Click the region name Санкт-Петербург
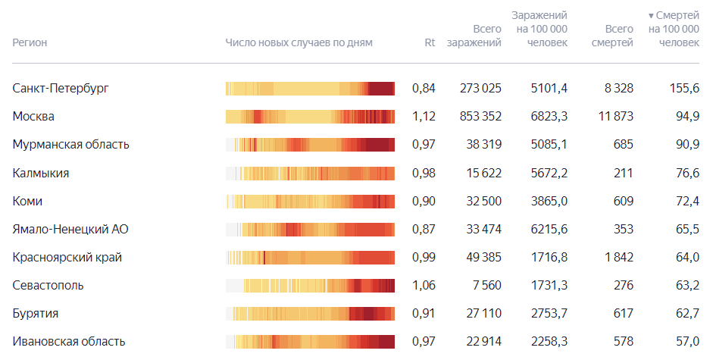click(61, 88)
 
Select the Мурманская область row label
click(70, 144)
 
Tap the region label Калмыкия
click(41, 173)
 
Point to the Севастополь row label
click(48, 286)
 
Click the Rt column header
click(430, 42)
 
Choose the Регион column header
click(30, 42)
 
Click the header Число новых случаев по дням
click(299, 42)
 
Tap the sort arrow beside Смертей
click(651, 16)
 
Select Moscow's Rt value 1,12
click(424, 117)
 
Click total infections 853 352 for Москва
click(480, 117)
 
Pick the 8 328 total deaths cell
click(619, 88)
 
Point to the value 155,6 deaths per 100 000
click(684, 88)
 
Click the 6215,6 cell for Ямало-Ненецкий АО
click(549, 229)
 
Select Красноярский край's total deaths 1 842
click(619, 257)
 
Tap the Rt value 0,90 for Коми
click(424, 201)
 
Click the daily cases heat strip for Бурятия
click(310, 314)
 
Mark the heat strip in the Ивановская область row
click(310, 342)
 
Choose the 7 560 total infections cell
click(486, 286)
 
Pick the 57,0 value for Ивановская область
click(688, 342)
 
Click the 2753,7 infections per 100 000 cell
click(549, 314)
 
